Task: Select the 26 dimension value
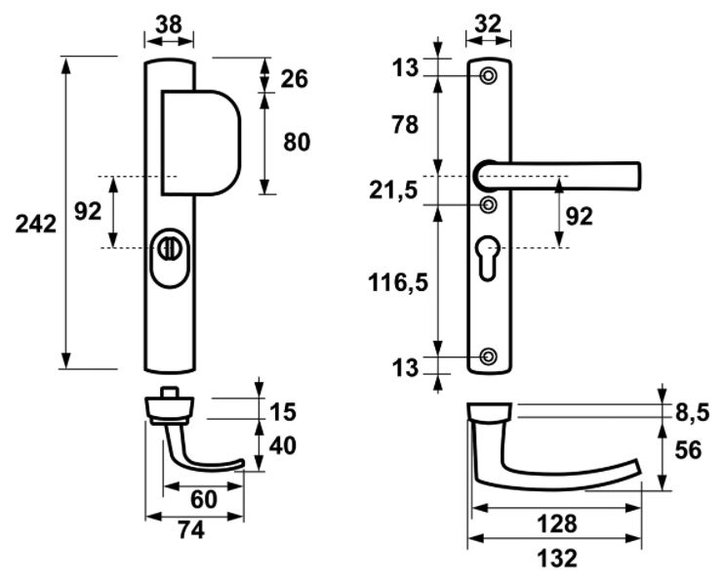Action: pos(295,79)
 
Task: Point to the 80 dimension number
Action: pos(296,143)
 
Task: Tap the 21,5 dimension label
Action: pos(393,189)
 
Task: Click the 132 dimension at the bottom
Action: pos(557,560)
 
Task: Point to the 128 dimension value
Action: pos(557,524)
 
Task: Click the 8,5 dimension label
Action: pos(693,413)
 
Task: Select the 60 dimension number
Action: pos(203,500)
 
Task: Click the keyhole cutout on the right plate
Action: pos(488,256)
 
